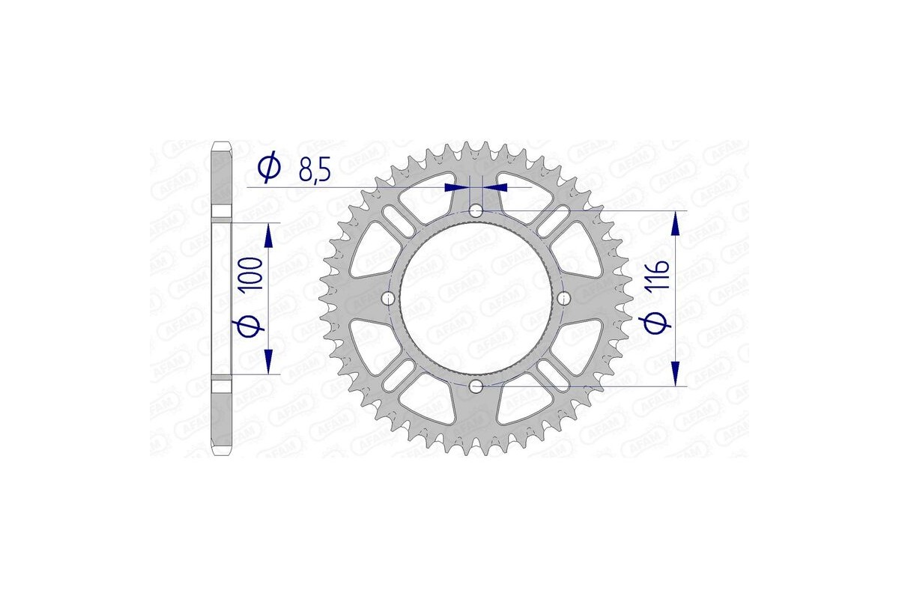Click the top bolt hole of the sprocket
(476, 212)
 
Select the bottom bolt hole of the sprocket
(476, 386)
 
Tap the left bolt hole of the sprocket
(388, 299)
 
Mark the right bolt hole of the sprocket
(563, 299)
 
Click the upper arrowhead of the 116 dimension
(676, 223)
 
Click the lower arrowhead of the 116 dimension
(676, 374)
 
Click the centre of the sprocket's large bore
(476, 299)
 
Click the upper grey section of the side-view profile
(223, 178)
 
